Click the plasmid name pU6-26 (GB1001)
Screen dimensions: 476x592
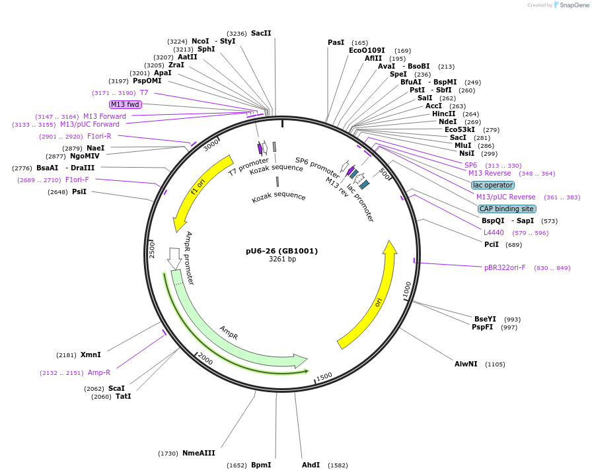click(x=281, y=251)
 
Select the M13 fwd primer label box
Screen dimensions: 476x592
click(x=126, y=104)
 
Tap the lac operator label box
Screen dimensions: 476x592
click(x=492, y=185)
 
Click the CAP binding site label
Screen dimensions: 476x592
click(x=507, y=209)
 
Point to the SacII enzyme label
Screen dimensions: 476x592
click(x=261, y=33)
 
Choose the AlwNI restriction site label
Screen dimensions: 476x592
click(x=466, y=364)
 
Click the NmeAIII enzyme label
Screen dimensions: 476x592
click(x=199, y=453)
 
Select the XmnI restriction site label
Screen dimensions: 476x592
click(x=91, y=355)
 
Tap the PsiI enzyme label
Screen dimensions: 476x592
click(x=79, y=191)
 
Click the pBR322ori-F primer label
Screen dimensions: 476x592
click(x=505, y=267)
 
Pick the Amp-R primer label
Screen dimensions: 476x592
click(x=99, y=372)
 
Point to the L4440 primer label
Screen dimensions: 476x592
click(x=493, y=232)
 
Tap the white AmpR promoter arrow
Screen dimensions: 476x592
click(x=174, y=259)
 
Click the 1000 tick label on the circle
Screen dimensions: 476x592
click(x=407, y=289)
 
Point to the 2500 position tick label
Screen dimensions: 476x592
click(x=152, y=250)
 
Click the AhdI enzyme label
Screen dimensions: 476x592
click(x=311, y=465)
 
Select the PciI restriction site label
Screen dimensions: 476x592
click(x=492, y=244)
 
